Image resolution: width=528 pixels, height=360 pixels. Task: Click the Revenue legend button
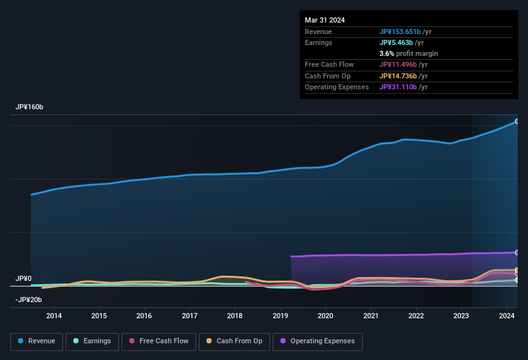click(x=37, y=341)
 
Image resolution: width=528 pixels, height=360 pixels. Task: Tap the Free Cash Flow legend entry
click(x=159, y=341)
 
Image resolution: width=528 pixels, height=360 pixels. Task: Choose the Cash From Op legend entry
click(x=234, y=341)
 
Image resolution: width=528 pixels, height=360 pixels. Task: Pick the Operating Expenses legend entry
click(x=318, y=341)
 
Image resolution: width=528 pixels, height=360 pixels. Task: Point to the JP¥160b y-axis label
click(x=30, y=107)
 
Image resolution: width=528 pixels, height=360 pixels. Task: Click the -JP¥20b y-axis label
click(x=28, y=300)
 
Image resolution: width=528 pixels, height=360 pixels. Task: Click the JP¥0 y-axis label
click(x=24, y=278)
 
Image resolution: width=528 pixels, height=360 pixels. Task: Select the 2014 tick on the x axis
click(x=54, y=316)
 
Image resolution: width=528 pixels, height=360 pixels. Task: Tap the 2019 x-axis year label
click(x=280, y=316)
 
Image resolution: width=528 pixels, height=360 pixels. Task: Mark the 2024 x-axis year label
click(x=507, y=316)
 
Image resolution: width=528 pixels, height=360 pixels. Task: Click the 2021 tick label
click(x=371, y=316)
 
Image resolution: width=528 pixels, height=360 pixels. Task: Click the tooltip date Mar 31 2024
click(x=325, y=20)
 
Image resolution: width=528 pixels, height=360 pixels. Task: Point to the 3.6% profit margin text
click(x=408, y=53)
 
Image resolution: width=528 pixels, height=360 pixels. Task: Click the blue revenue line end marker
click(x=517, y=121)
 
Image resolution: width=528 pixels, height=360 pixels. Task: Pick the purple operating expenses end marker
click(x=517, y=253)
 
